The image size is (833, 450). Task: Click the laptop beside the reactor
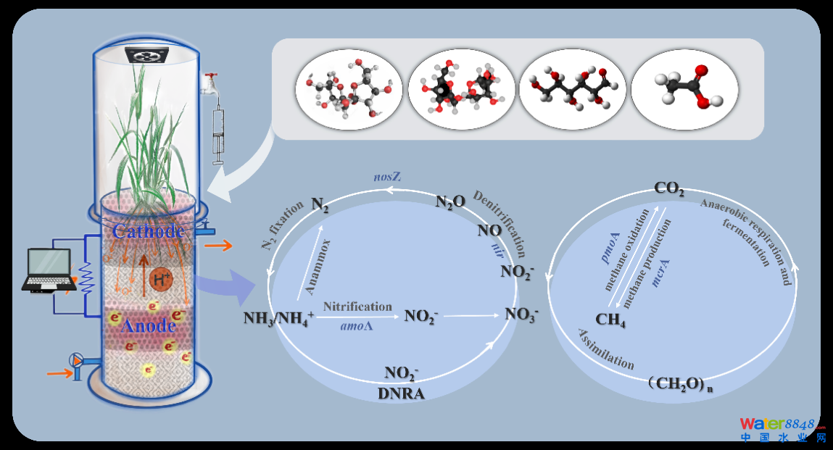tap(48, 270)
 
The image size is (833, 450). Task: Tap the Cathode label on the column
tap(148, 231)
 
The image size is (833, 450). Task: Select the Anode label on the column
tap(148, 325)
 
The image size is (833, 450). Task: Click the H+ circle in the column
tap(161, 278)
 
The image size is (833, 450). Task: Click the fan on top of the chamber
tap(147, 55)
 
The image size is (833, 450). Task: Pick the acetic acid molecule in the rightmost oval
tap(685, 89)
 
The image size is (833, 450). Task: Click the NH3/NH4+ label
tap(278, 318)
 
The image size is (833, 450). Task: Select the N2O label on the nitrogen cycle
tap(450, 202)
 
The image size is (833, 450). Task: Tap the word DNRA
tap(401, 393)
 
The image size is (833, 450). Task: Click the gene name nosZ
tap(386, 177)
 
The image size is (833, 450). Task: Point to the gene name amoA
tap(357, 325)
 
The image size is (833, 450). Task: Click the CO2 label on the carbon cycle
tap(669, 188)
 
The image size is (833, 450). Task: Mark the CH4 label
tap(610, 320)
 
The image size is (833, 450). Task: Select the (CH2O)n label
tap(681, 384)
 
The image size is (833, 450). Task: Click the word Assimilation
tap(605, 349)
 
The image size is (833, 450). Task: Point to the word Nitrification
tap(357, 307)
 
